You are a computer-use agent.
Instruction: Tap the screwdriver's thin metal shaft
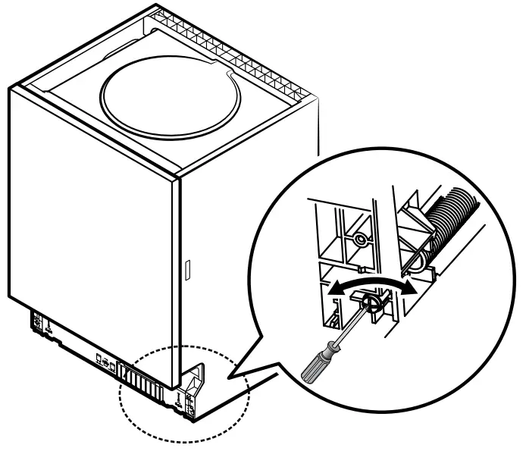pos(345,327)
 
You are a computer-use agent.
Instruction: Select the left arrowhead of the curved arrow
pos(330,289)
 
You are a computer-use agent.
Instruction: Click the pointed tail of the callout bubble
pos(231,373)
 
